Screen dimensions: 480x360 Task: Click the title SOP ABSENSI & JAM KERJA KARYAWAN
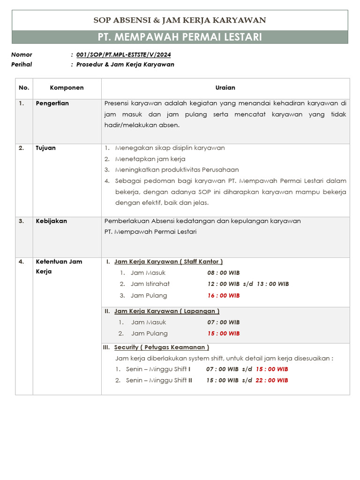[x=180, y=20]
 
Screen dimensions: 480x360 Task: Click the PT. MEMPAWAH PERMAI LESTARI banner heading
[x=180, y=37]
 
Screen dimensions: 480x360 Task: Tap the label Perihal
[x=22, y=65]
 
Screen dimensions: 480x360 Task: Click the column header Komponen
[x=67, y=88]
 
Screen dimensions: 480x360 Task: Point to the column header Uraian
[x=225, y=88]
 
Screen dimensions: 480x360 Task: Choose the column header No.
[x=24, y=88]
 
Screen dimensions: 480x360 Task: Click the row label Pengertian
[x=52, y=104]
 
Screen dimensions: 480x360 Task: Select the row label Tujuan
[x=45, y=148]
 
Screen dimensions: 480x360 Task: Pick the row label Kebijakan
[x=51, y=221]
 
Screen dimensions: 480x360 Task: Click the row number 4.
[x=21, y=262]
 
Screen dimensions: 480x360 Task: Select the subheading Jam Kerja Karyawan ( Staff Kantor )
[x=168, y=262]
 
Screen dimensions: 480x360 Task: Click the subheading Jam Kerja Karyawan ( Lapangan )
[x=166, y=311]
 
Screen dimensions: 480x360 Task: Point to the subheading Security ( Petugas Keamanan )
[x=161, y=347]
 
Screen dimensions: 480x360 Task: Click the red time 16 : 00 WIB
[x=224, y=296]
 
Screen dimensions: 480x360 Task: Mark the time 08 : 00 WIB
[x=224, y=273]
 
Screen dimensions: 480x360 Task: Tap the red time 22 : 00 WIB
[x=272, y=380]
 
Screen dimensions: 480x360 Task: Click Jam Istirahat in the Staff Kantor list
[x=150, y=284]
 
